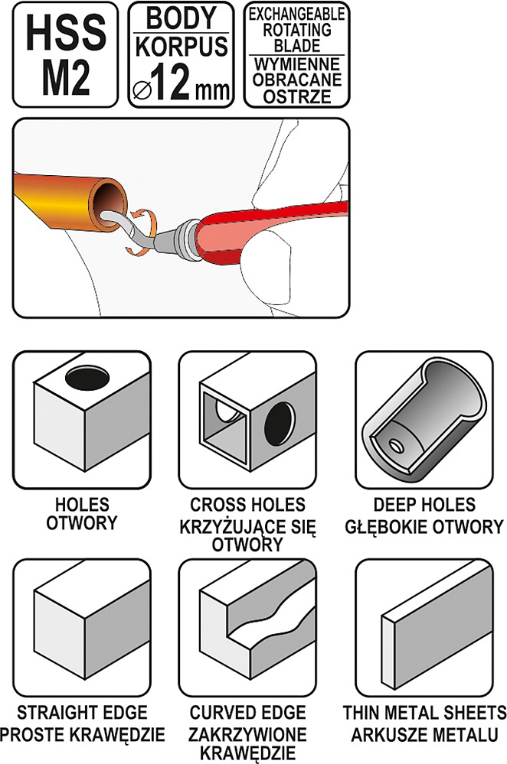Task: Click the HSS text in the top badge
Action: pos(65,34)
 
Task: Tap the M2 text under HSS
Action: pos(65,80)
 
